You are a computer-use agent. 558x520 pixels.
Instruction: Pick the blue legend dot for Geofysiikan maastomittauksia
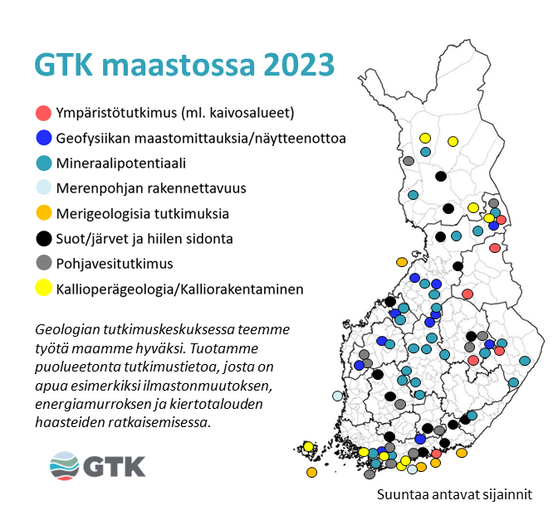coord(43,138)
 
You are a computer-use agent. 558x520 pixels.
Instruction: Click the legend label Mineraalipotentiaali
coord(121,163)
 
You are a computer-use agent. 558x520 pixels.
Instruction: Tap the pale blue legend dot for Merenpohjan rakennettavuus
coord(43,188)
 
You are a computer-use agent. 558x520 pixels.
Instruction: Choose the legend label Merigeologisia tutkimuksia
coord(142,214)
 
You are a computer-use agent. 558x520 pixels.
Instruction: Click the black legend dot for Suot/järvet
coord(43,239)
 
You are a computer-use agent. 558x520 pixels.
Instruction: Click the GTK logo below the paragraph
coord(98,464)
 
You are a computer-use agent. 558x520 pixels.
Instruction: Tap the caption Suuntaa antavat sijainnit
coord(453,494)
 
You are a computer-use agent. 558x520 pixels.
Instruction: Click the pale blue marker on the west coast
coord(337,396)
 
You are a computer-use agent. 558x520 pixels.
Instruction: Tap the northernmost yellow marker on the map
coord(425,138)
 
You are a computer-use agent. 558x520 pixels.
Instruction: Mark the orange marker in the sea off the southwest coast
coord(311,472)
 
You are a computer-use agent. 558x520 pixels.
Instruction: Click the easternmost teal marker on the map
coord(525,361)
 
